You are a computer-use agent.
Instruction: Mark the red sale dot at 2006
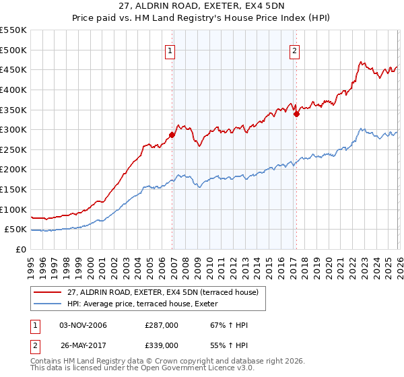pyautogui.click(x=172, y=135)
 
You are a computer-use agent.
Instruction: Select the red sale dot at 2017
pyautogui.click(x=296, y=114)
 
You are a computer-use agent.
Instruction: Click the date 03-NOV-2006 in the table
pyautogui.click(x=83, y=325)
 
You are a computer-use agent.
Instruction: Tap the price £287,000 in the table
pyautogui.click(x=161, y=325)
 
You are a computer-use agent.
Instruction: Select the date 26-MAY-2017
pyautogui.click(x=83, y=344)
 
